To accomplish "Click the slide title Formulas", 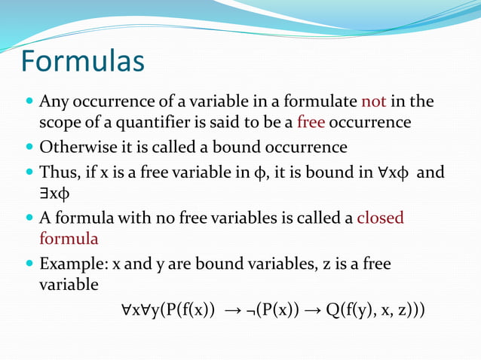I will click(x=83, y=61).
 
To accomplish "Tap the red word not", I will click(x=374, y=101).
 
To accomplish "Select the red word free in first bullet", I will click(x=311, y=122).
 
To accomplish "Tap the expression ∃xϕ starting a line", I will click(x=54, y=194).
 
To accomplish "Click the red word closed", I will click(x=380, y=218).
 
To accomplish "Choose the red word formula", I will click(x=69, y=239).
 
